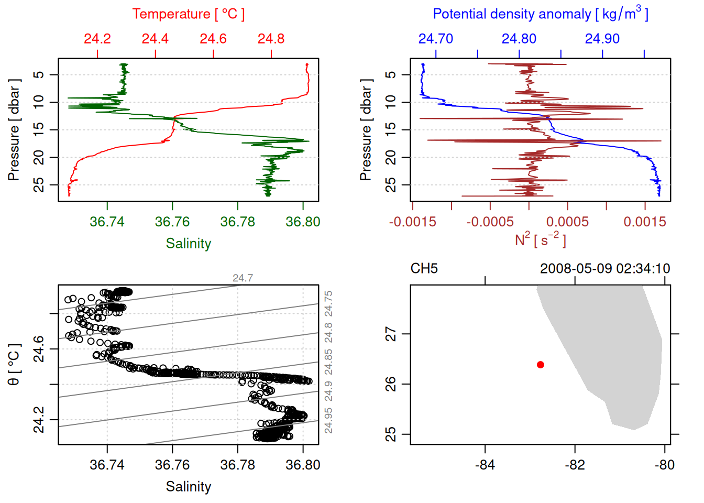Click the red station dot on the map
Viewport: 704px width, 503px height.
click(541, 365)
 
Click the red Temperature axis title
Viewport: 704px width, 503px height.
click(189, 14)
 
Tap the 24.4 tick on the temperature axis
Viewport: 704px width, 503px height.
click(155, 39)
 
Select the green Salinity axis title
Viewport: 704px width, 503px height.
click(189, 244)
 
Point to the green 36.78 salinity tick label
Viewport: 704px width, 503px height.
click(237, 222)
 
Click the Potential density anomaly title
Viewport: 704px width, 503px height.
click(541, 14)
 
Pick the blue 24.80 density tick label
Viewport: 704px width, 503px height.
click(519, 39)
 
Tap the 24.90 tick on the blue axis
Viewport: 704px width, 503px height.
click(602, 39)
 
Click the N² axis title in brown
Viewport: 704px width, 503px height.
click(541, 239)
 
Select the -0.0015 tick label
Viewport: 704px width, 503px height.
click(413, 222)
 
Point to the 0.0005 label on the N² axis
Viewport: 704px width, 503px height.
click(567, 222)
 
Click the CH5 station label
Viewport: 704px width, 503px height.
click(424, 269)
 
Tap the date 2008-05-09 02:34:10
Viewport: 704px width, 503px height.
click(605, 269)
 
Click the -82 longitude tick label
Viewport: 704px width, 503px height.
click(575, 465)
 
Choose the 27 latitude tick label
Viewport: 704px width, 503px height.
click(391, 334)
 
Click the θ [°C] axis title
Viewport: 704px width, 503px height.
click(14, 365)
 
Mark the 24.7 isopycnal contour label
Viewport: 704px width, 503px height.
click(243, 278)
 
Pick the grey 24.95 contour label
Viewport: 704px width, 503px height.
click(328, 421)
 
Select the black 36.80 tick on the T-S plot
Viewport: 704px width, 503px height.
click(303, 465)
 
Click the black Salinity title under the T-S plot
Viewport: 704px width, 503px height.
click(189, 487)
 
